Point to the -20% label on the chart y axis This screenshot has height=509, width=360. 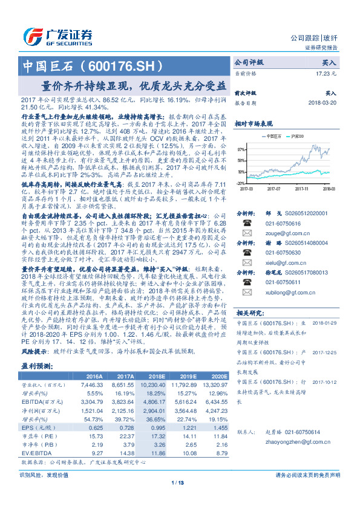[x=241, y=183]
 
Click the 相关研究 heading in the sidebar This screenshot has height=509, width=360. [x=250, y=313]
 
